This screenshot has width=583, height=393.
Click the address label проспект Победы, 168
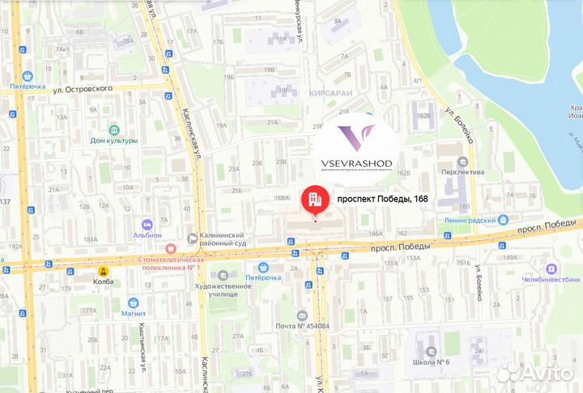tap(382, 199)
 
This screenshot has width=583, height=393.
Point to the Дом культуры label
tap(113, 140)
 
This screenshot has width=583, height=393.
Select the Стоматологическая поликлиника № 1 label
tap(167, 260)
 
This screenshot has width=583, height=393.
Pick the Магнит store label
tap(130, 313)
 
